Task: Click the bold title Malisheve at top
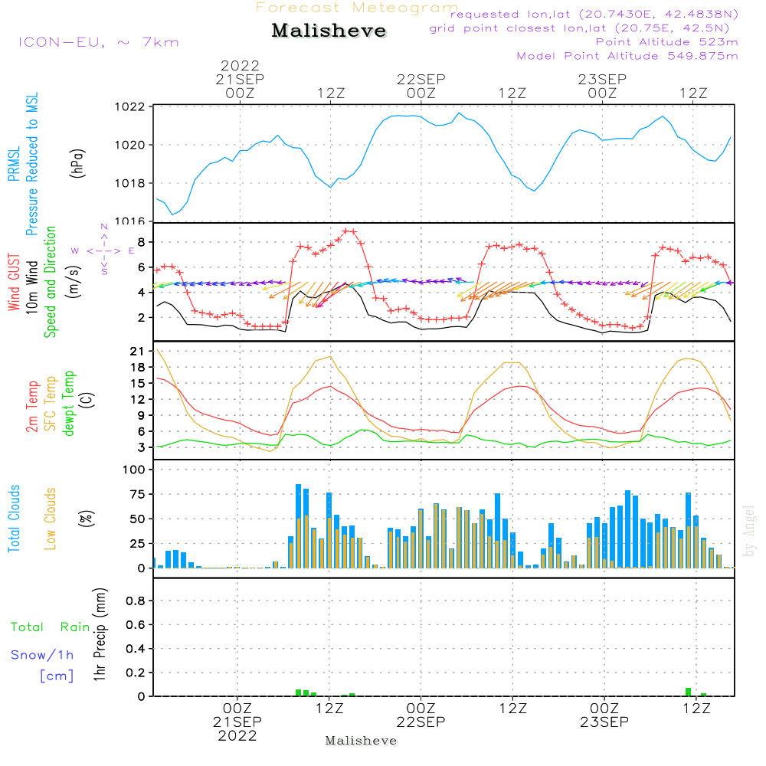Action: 329,31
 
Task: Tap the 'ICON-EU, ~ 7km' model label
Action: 98,42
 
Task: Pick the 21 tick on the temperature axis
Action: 138,352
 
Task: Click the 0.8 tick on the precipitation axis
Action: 136,601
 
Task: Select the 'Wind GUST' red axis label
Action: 14,283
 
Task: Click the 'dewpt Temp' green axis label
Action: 69,404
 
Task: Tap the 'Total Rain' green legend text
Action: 50,627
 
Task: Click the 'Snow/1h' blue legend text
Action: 43,655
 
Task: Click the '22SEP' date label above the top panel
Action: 421,79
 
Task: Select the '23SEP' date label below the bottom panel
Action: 603,722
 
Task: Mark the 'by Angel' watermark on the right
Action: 749,531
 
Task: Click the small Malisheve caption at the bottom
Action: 361,741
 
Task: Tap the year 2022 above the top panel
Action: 240,66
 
